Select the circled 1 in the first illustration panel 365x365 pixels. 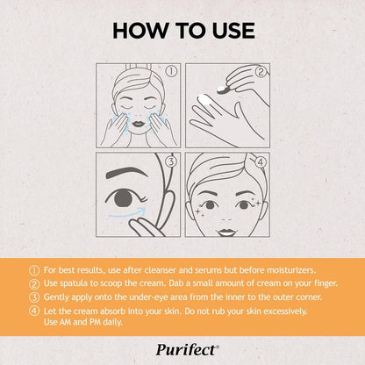click(172, 72)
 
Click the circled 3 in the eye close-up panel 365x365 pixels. click(172, 161)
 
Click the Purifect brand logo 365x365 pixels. click(182, 347)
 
